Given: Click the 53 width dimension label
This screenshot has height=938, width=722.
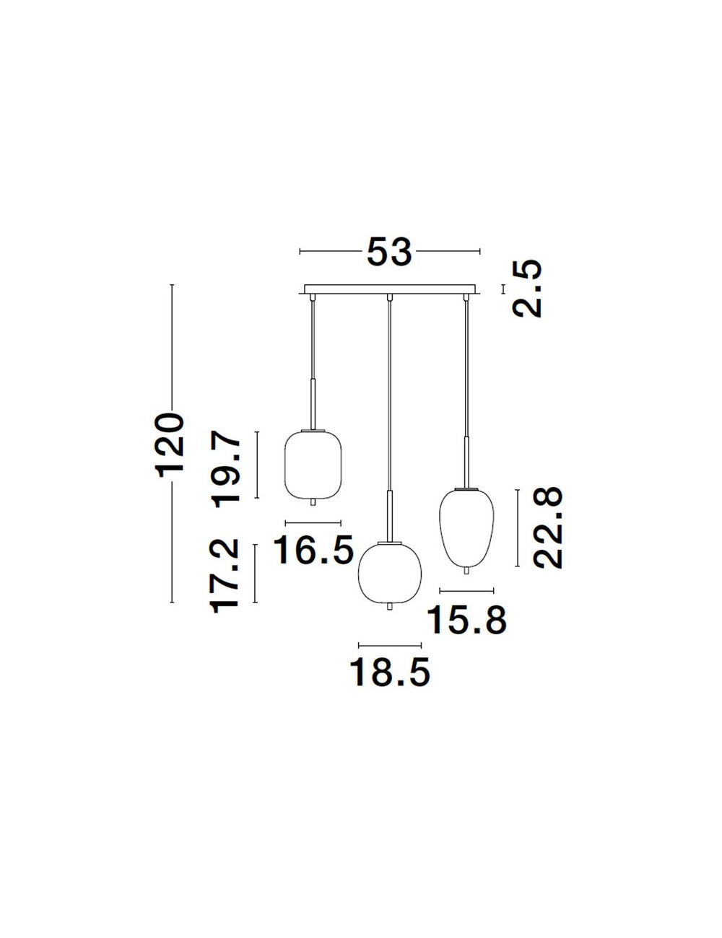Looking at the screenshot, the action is click(389, 251).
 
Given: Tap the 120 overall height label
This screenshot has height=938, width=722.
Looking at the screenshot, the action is click(172, 445).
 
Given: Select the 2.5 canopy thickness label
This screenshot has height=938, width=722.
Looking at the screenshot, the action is click(526, 289).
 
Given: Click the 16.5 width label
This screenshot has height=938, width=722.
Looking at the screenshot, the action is click(313, 550).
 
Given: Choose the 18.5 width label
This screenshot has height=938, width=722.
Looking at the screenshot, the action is click(390, 672).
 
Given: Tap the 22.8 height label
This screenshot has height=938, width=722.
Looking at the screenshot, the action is click(548, 527).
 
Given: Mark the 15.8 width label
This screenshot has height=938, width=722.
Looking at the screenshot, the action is click(467, 620).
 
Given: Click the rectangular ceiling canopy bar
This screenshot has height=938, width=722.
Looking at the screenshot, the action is click(389, 289).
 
